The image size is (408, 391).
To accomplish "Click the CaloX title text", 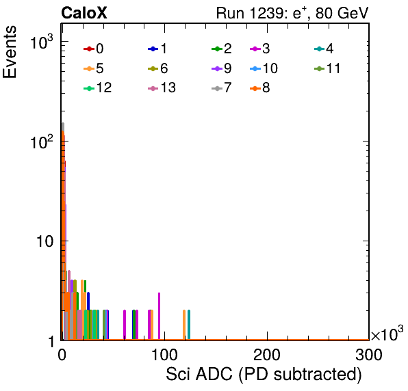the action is tap(84, 13).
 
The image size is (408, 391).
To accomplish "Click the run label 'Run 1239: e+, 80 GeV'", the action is tap(292, 13).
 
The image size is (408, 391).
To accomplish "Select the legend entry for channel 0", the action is tap(93, 49).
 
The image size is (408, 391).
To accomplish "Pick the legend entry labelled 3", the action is tap(260, 49).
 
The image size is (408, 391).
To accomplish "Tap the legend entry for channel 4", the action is tap(324, 49).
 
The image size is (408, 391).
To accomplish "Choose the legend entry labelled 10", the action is tap(264, 68).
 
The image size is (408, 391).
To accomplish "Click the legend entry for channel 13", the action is tap(162, 87).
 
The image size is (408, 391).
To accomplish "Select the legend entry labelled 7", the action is tap(222, 87).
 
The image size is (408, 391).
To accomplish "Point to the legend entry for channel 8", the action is tap(260, 87).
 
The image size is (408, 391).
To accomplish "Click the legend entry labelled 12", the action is tap(98, 87).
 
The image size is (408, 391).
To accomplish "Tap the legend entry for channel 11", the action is tap(327, 68).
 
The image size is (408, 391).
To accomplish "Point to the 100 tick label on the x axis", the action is tap(165, 355).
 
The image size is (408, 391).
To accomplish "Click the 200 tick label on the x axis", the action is tap(267, 355).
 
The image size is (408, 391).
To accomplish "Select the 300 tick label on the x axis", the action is tap(369, 355).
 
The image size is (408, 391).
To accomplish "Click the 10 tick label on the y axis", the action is tap(44, 241).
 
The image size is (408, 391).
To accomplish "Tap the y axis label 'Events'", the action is tap(10, 52).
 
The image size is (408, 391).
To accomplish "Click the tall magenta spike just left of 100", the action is tap(160, 316).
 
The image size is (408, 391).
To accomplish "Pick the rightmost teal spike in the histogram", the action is tap(189, 325).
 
